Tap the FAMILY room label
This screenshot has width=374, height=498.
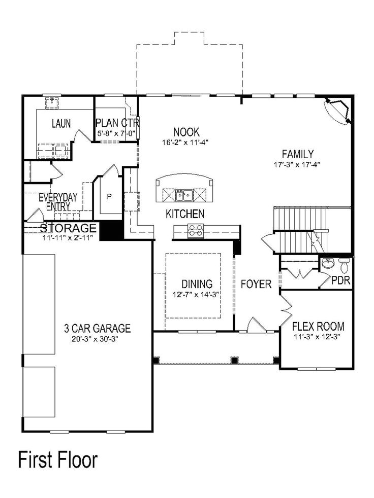(298, 154)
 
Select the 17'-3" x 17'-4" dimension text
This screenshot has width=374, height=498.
(297, 164)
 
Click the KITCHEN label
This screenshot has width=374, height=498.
(185, 214)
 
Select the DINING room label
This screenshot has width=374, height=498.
(197, 284)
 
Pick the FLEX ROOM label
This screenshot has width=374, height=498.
(319, 326)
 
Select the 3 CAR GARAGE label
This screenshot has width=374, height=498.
(97, 329)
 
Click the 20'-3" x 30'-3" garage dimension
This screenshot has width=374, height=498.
(95, 339)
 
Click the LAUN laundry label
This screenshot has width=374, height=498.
(61, 123)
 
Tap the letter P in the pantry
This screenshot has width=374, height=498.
(109, 196)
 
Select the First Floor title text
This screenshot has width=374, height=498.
(57, 460)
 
